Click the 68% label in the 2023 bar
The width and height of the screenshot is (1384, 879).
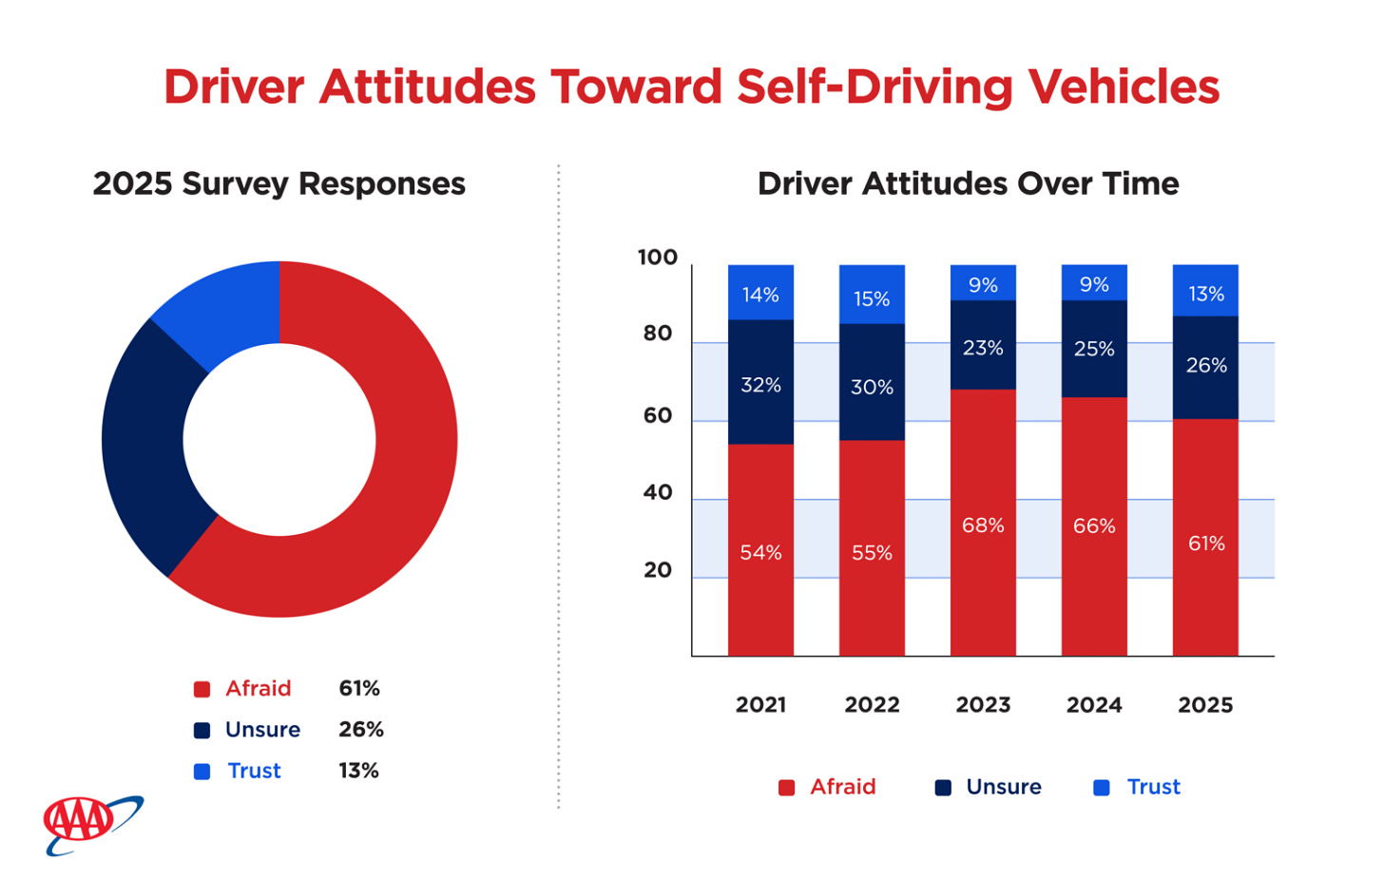pos(983,525)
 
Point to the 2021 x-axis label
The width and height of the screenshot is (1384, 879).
pos(760,705)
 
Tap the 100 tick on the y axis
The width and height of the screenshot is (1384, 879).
pos(657,258)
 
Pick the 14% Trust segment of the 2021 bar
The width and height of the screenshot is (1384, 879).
pos(760,294)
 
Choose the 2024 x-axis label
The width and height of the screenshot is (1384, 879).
pos(1094,705)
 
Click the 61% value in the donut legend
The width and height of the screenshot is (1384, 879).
pos(359,688)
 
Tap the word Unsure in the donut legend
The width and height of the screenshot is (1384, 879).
pos(262,730)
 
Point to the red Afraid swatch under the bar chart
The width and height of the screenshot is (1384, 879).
pos(786,788)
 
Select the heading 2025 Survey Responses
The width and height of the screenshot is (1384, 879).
pos(279,183)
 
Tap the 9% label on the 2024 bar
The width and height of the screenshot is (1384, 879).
pos(1094,285)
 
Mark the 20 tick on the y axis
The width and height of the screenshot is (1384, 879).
pos(657,570)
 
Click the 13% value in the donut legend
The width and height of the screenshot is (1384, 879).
pos(358,771)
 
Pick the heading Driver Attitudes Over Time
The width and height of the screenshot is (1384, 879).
pos(968,183)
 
